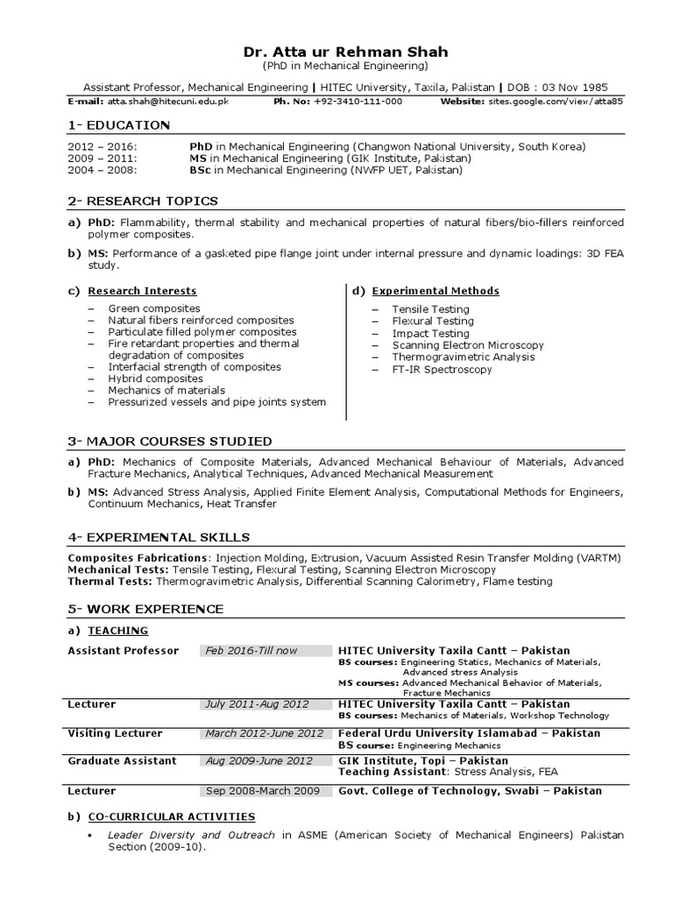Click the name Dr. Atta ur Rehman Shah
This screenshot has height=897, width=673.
pos(345,52)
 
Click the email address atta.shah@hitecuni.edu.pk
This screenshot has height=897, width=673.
pos(169,102)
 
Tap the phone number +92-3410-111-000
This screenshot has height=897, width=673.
pos(351,102)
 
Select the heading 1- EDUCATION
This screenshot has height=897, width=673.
pos(119,125)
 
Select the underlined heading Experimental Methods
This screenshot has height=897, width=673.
pos(436,291)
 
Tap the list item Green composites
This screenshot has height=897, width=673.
pos(154,308)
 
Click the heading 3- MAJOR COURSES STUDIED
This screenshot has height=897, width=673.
pos(170,441)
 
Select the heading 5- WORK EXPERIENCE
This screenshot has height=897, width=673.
pos(145,609)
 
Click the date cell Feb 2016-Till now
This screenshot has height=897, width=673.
pos(251,651)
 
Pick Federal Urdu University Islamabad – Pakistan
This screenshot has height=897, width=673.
pos(469,733)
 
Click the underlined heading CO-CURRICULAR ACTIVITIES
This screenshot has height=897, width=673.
pos(172,816)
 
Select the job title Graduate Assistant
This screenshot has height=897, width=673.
pos(122,761)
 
